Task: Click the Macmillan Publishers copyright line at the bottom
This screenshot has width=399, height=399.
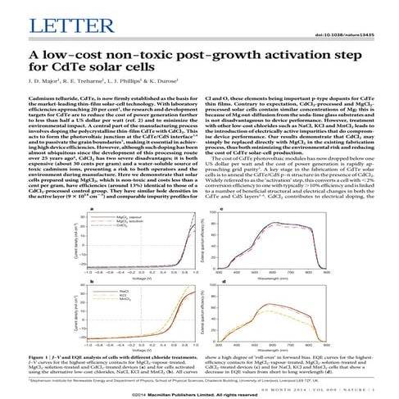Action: pyautogui.click(x=199, y=392)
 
